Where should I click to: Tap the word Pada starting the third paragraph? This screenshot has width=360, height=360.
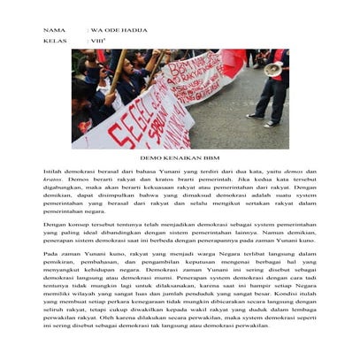pos(51,255)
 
